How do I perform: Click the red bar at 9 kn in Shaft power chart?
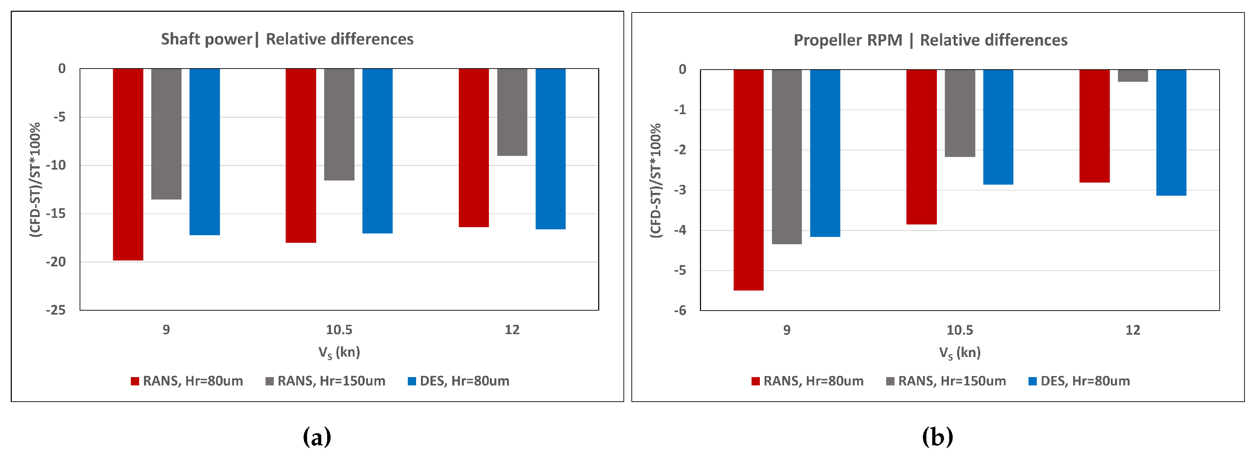tap(128, 164)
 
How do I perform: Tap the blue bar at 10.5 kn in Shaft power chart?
tap(377, 151)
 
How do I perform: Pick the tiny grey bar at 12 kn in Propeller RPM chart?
tap(1132, 76)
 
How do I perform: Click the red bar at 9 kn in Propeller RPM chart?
tap(748, 179)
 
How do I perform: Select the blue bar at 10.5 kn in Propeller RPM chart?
tap(998, 127)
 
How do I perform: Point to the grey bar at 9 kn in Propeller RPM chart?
tap(786, 157)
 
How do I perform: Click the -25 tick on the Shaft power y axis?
tap(56, 310)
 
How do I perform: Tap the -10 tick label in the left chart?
tap(56, 165)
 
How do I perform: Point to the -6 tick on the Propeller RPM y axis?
tap(680, 311)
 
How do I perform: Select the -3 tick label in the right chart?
tap(680, 190)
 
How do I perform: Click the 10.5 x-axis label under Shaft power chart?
tap(339, 330)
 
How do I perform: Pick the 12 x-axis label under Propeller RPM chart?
tap(1132, 330)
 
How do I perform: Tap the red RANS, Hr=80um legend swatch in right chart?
tap(755, 382)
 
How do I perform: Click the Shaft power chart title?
tap(287, 39)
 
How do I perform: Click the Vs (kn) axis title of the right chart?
tap(960, 353)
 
